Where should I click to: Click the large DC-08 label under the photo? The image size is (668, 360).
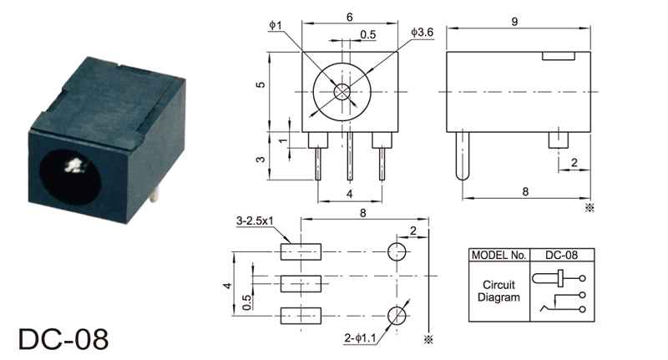(x=63, y=339)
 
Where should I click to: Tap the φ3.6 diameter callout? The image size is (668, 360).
(x=422, y=33)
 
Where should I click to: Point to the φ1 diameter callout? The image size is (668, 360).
(x=276, y=25)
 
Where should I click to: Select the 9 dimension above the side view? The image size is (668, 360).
(x=514, y=22)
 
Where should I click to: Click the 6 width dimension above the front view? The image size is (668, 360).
(x=350, y=17)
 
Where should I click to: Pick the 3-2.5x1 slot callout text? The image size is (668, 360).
(x=255, y=221)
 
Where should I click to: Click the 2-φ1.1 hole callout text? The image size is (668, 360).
(x=361, y=338)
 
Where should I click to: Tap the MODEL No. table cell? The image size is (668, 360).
(x=498, y=255)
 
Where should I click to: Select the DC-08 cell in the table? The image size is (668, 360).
(x=561, y=255)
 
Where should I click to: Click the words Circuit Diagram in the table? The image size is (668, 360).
(x=498, y=291)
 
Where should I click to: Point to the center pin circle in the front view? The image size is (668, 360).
(x=342, y=92)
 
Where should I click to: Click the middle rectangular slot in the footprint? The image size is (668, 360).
(x=301, y=284)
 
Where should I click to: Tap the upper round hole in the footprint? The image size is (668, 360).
(x=397, y=251)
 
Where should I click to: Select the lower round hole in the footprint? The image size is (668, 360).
(x=397, y=316)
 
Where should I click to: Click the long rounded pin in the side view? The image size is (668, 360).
(x=463, y=155)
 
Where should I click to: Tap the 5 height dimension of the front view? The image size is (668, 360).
(x=261, y=84)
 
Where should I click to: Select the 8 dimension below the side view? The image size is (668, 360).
(x=525, y=192)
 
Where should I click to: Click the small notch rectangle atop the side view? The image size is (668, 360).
(x=559, y=56)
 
